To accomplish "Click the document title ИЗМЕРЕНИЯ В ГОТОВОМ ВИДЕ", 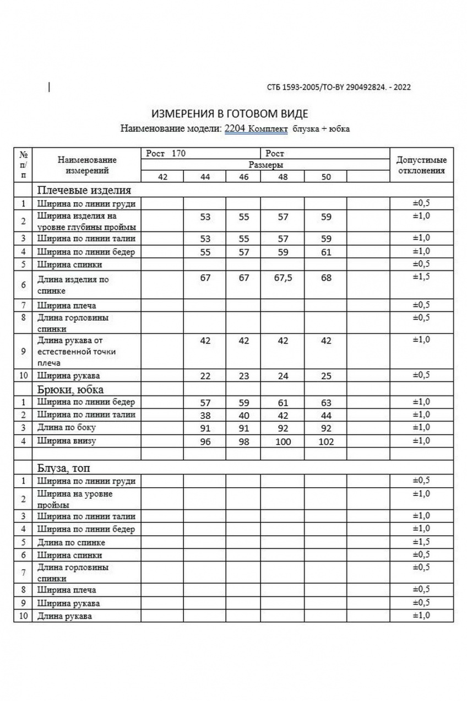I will pos(230,114).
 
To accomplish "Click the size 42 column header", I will pos(162,177).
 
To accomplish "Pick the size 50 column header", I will pos(326,177).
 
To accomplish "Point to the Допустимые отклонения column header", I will pos(421,165).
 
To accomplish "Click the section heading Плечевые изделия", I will pos(84,190).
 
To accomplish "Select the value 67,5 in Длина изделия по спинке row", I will pos(283,278).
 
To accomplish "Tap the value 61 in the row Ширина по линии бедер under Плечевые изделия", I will pos(326,252).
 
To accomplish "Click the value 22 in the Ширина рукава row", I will pos(205,376).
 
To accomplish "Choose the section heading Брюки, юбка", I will pos(70,389).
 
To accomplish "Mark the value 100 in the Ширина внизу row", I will pos(283,441).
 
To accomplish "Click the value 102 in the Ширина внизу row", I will pos(326,441).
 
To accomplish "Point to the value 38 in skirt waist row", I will pos(205,415).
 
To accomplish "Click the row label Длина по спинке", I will pos(71,542).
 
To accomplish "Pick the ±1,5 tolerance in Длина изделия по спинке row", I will pos(421,276).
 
